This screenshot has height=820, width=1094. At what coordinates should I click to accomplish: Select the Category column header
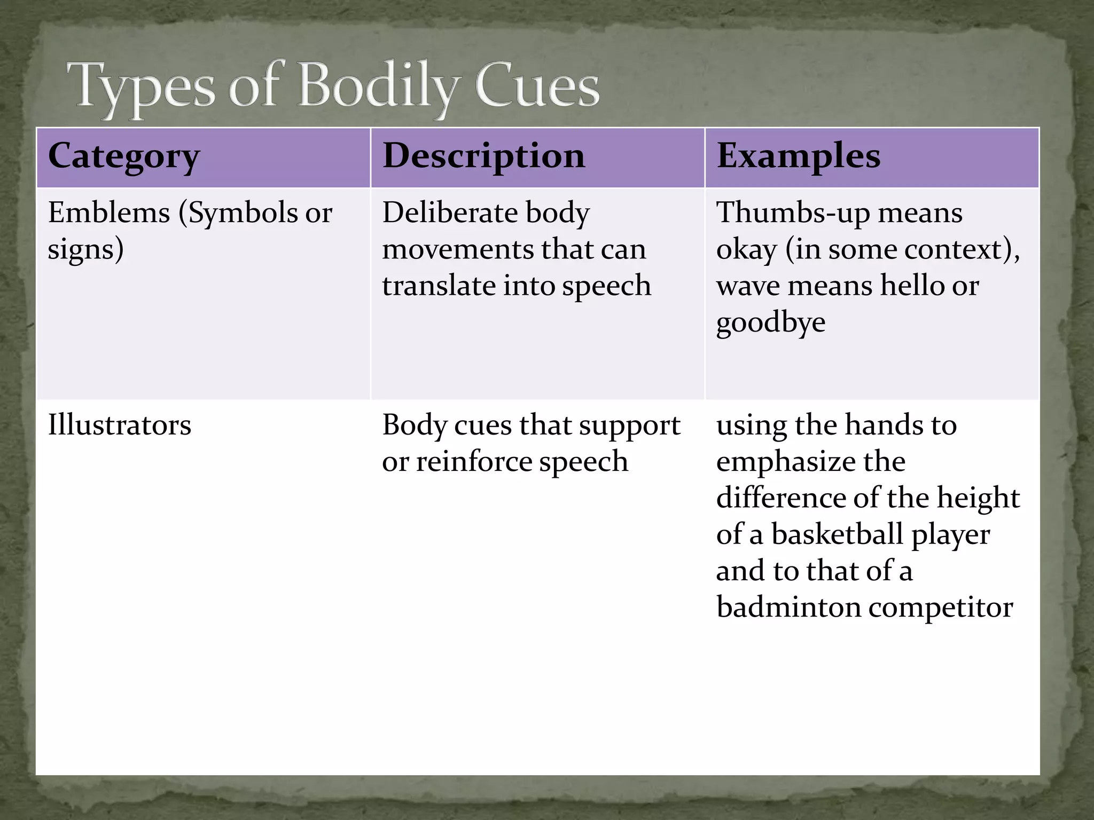pos(124,156)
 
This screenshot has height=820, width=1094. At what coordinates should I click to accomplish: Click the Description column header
pos(483,156)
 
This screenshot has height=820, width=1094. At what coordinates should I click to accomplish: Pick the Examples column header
pos(798,156)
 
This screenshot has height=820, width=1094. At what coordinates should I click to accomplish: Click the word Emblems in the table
pos(108,213)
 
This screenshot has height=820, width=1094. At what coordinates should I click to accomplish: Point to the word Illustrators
pos(119,425)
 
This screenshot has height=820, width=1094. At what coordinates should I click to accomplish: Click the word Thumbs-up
pos(792,213)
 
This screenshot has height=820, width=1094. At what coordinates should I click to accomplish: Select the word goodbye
pos(770,322)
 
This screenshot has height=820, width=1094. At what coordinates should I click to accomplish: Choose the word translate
pos(436,286)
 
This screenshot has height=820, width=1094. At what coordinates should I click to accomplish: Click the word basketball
pos(837,534)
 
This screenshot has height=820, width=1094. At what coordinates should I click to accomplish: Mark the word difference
pos(780,498)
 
